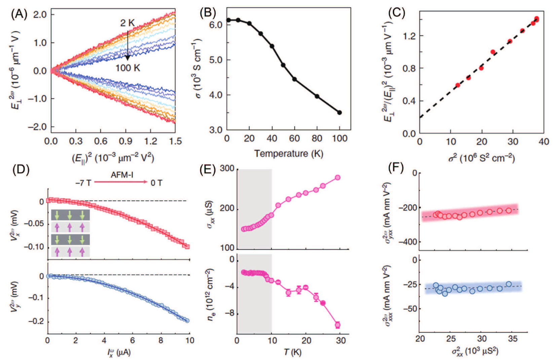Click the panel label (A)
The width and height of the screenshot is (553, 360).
coord(19,14)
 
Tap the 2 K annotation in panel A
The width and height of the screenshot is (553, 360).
coord(127,23)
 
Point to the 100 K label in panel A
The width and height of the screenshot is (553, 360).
coord(128,68)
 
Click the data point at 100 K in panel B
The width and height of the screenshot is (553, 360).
coord(339,112)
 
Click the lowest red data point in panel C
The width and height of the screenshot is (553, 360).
coord(458,85)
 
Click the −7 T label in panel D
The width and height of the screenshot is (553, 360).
coord(83,183)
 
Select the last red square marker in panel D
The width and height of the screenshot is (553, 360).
coord(187,247)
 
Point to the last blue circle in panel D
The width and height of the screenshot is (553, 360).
coord(187,321)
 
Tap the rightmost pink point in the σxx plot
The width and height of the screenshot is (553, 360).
coord(338,178)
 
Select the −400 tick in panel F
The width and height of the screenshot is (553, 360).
coord(407,242)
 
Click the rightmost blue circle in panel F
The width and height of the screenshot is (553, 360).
coord(509,284)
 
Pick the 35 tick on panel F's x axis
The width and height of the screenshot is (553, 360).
coord(513,338)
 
